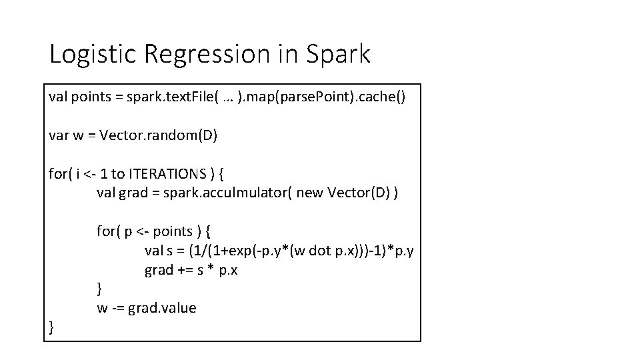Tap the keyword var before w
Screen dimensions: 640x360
pos(58,135)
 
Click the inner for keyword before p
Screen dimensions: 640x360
pos(106,231)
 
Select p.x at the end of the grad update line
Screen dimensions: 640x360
pos(229,270)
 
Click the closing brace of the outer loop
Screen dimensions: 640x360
pos(51,327)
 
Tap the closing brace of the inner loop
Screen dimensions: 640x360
pos(99,289)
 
